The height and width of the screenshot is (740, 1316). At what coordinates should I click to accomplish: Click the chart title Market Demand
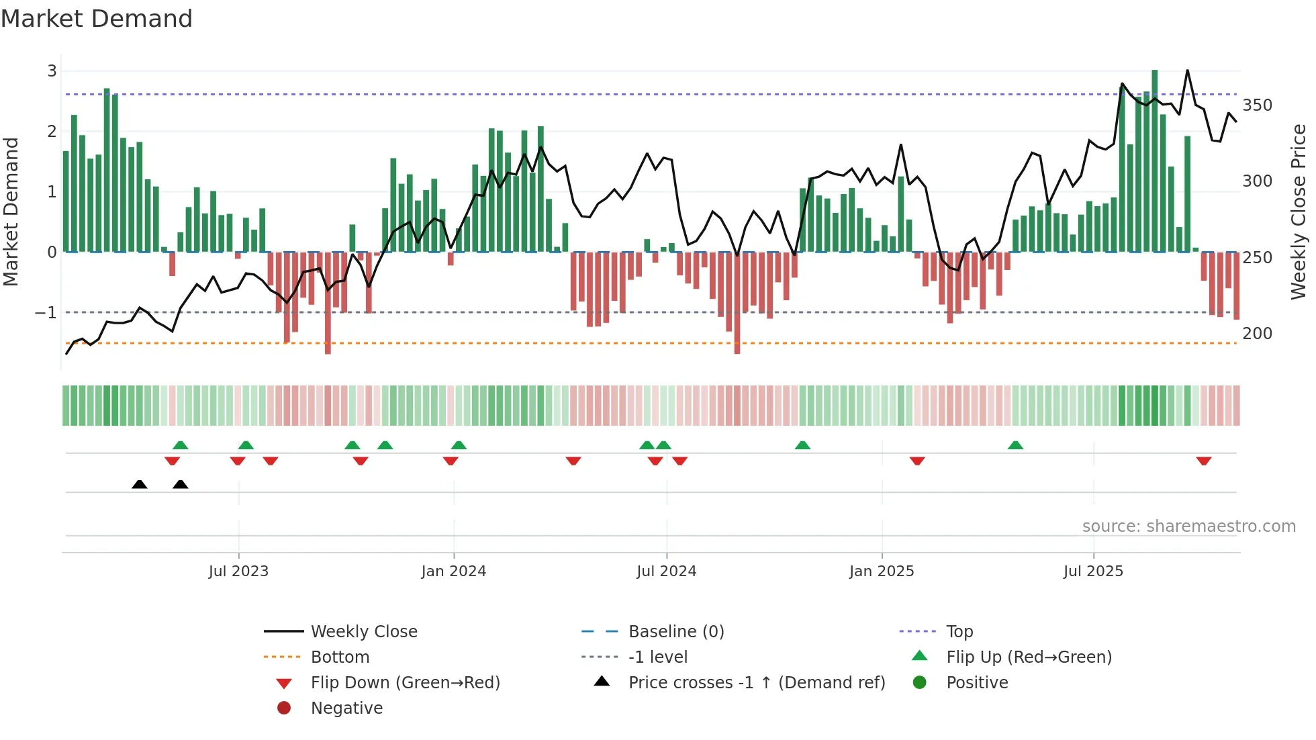[x=97, y=19]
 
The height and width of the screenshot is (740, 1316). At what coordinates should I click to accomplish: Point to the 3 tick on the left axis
[x=52, y=71]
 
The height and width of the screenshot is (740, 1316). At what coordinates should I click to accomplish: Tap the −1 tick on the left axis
[x=46, y=313]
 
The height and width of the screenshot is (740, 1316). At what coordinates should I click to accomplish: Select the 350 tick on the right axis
[x=1257, y=105]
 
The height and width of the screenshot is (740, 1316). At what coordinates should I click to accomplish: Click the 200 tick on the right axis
[x=1257, y=334]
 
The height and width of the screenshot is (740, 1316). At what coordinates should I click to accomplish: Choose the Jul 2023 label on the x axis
[x=238, y=571]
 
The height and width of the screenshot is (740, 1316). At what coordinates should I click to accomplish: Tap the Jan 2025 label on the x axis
[x=881, y=571]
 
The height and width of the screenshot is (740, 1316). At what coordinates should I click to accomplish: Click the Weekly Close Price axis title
[x=1299, y=212]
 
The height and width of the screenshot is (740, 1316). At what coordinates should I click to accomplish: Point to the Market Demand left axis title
[x=11, y=212]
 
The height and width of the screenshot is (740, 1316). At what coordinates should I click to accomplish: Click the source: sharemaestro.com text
[x=1188, y=526]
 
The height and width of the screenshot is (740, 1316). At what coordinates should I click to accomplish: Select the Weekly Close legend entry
[x=363, y=632]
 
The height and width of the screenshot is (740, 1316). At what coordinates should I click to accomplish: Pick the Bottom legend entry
[x=340, y=657]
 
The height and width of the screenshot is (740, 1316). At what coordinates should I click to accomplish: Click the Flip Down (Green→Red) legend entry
[x=405, y=683]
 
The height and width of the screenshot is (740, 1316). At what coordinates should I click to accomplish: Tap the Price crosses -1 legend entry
[x=756, y=683]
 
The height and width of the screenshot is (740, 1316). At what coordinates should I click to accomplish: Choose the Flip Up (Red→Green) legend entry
[x=1029, y=657]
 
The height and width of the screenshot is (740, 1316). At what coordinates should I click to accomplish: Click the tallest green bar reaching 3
[x=1155, y=161]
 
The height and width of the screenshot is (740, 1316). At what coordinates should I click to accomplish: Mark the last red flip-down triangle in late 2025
[x=1203, y=461]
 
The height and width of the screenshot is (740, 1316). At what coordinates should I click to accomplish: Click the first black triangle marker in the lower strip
[x=140, y=484]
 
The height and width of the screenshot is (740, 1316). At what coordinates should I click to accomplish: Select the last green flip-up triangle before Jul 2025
[x=1015, y=445]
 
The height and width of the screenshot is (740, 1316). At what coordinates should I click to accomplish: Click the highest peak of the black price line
[x=1187, y=71]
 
